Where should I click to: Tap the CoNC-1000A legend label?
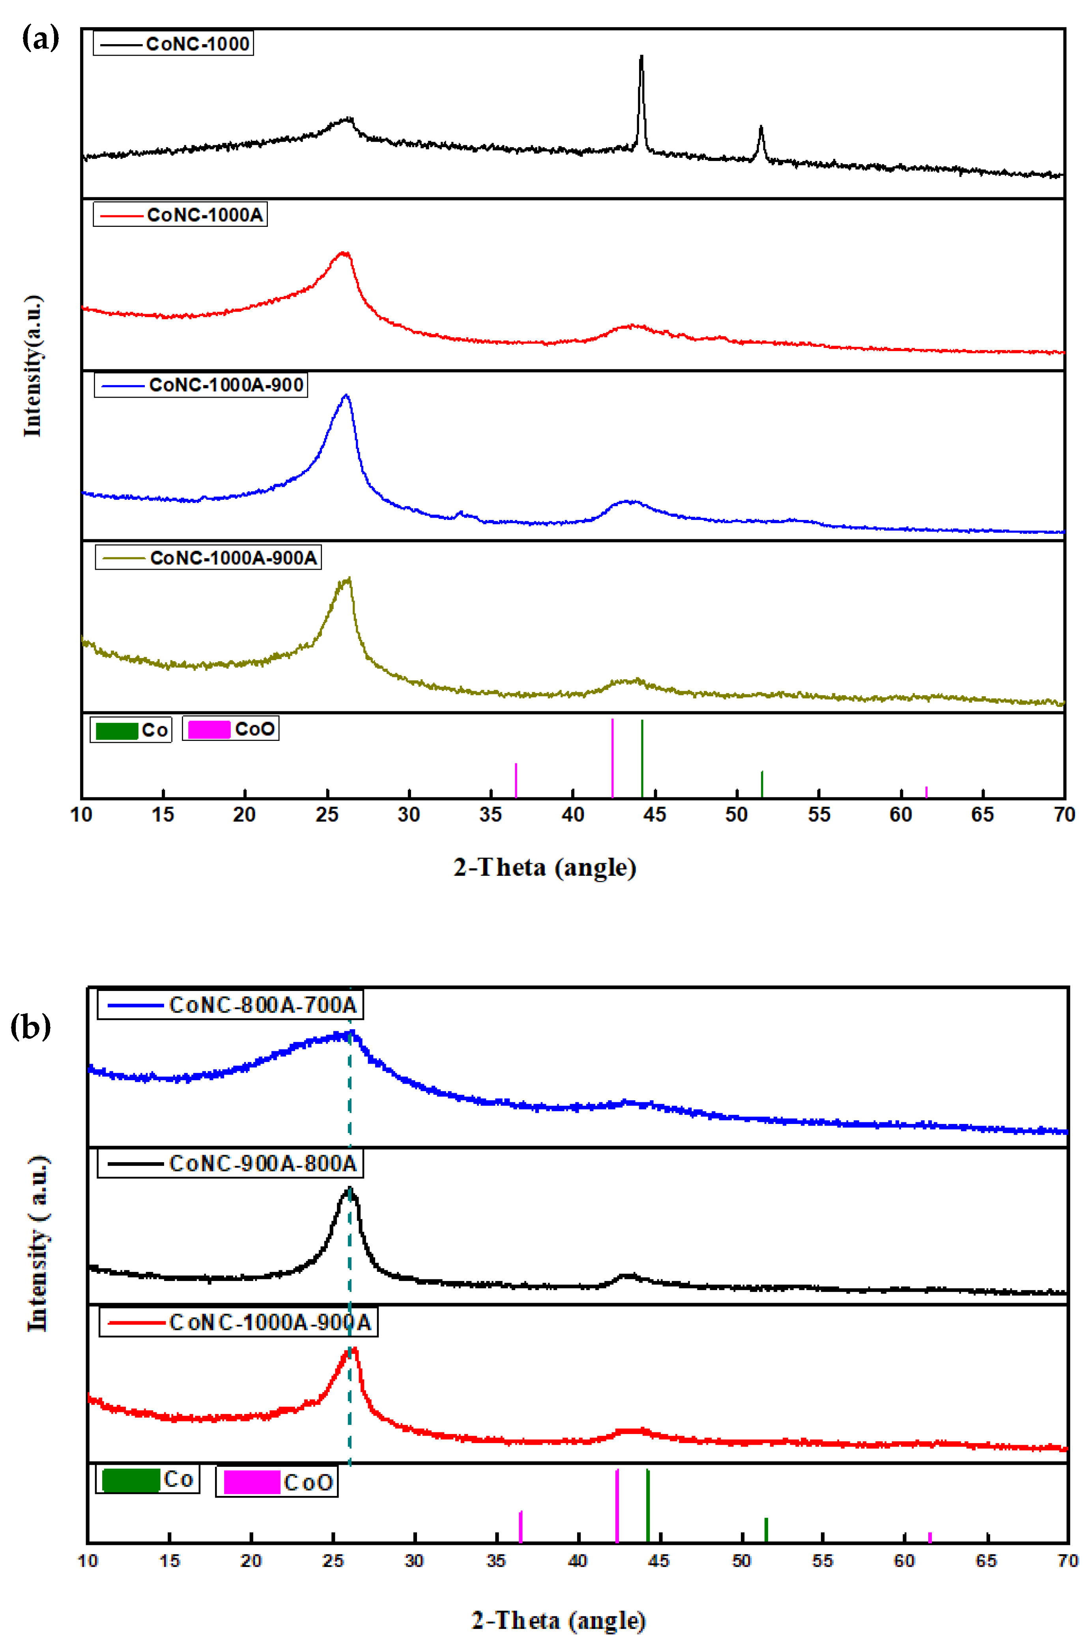[205, 215]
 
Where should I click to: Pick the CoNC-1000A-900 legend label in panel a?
[226, 385]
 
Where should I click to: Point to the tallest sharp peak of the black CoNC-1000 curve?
[641, 57]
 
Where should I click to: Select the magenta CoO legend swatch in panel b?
[252, 1482]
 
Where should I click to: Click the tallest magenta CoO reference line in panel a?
[612, 758]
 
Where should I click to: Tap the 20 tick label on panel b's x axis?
[251, 1561]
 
